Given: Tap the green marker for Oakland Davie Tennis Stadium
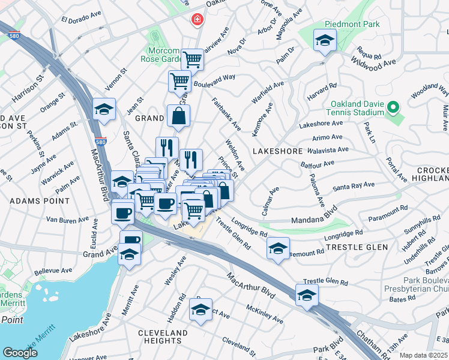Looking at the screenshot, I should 393,108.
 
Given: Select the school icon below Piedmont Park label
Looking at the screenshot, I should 325,41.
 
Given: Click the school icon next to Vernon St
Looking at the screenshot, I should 104,110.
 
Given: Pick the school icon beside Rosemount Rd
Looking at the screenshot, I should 278,248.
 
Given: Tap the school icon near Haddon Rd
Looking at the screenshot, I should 200,310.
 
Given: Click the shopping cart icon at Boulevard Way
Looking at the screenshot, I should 179,82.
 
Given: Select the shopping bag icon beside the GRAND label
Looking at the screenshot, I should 179,116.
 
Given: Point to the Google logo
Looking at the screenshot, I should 20,353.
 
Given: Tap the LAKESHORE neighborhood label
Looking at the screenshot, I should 277,151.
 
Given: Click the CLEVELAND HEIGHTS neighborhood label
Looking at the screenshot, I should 163,337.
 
